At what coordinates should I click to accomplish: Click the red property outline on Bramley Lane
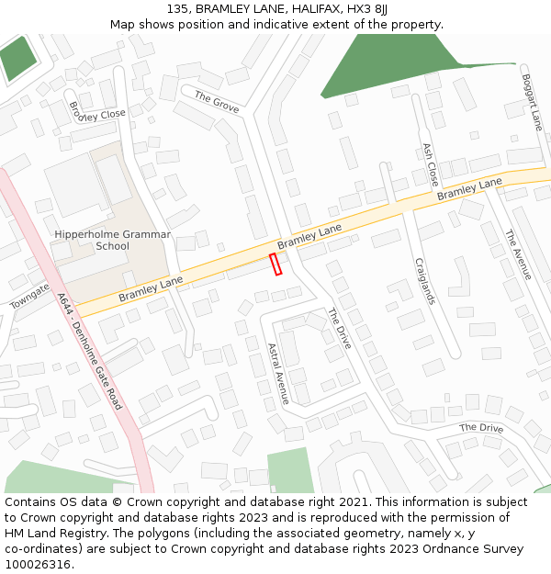275,264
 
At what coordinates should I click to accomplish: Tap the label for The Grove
217,103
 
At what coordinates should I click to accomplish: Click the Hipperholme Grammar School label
112,240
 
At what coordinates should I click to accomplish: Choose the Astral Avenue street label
277,373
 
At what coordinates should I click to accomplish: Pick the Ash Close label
430,164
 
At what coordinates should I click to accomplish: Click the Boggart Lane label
532,102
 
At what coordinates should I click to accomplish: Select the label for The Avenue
517,254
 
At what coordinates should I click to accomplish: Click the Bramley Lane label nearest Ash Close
469,189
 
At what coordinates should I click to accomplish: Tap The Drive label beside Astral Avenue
339,329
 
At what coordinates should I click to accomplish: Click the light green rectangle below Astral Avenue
290,471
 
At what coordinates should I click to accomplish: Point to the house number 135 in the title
179,9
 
